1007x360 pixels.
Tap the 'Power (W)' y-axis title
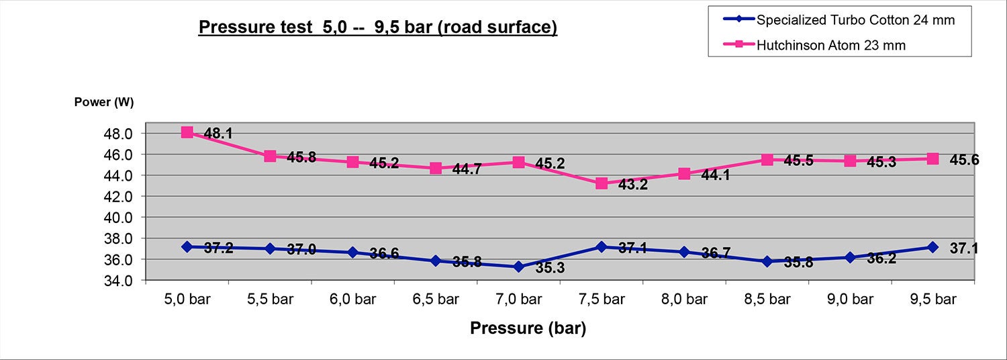(x=104, y=103)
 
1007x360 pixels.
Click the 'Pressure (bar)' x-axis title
(x=528, y=328)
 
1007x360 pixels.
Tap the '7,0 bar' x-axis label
(x=518, y=300)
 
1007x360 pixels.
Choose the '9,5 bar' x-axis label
(x=932, y=300)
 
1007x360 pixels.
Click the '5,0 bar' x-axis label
(x=187, y=300)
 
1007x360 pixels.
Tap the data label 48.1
(x=218, y=134)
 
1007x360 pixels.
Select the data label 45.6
(x=964, y=160)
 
